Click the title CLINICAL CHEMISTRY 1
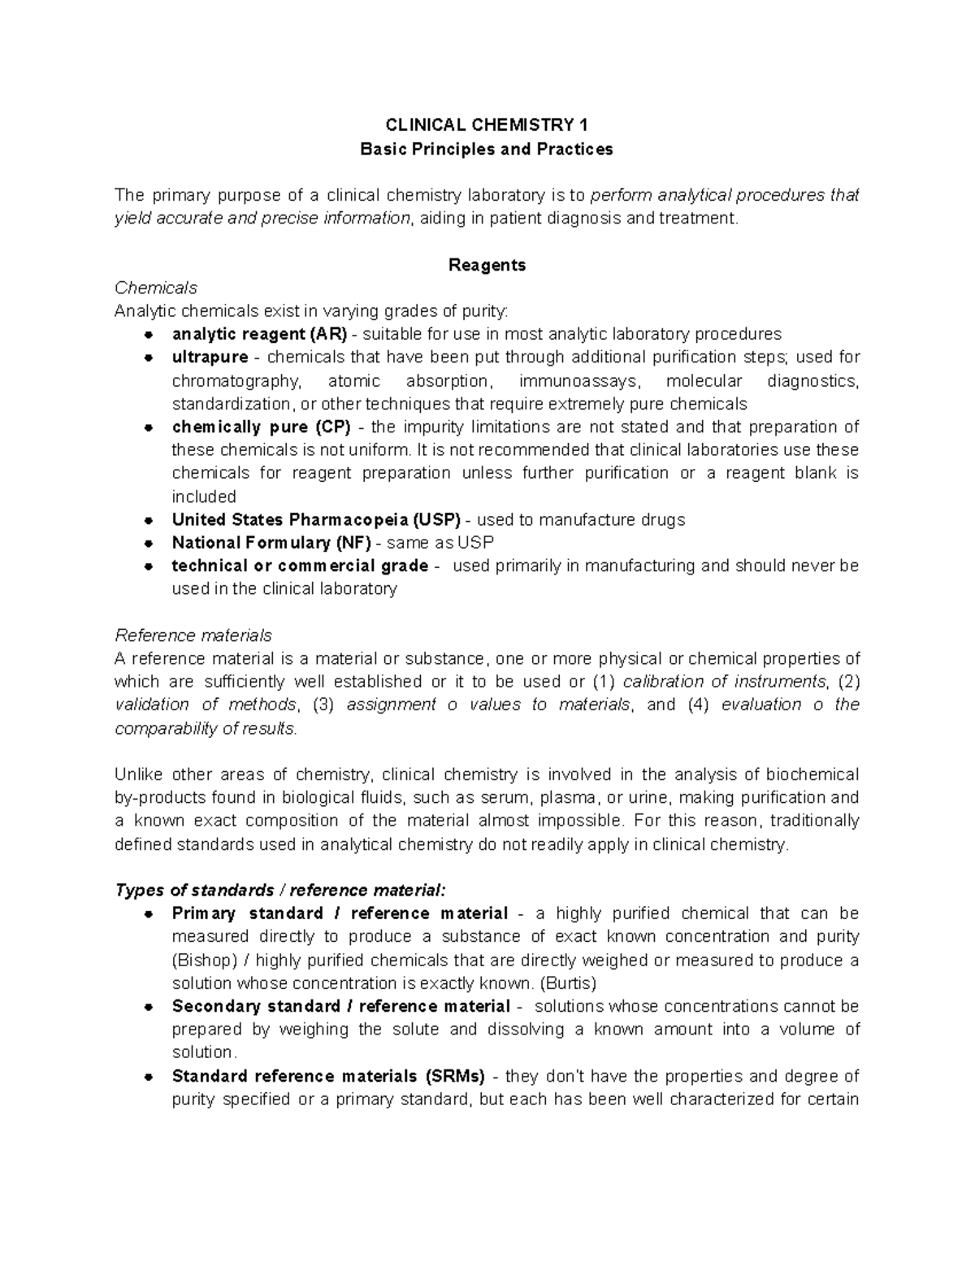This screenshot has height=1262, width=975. [x=487, y=125]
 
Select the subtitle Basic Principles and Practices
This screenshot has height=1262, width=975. [x=487, y=149]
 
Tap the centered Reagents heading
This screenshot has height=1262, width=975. [x=487, y=265]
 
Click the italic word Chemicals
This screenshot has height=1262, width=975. [x=156, y=288]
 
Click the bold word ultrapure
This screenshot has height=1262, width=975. [x=210, y=358]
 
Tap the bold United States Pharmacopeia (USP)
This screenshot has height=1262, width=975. [x=316, y=520]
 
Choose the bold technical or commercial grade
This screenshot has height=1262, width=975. [x=300, y=566]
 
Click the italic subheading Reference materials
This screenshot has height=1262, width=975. [x=193, y=635]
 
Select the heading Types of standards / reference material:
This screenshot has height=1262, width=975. [x=280, y=890]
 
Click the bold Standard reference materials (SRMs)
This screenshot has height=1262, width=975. [x=328, y=1077]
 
